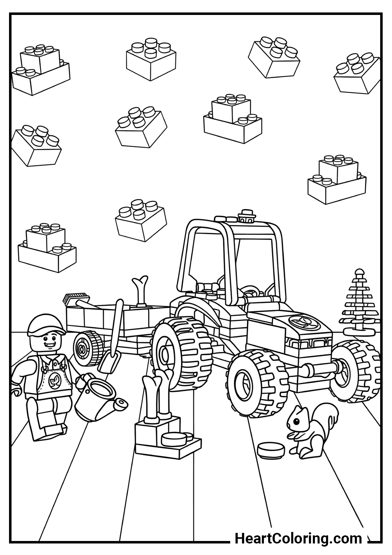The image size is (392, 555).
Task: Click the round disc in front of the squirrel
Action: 271,451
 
